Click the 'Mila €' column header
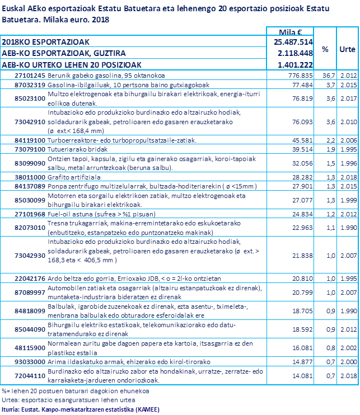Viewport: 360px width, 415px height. coord(291,31)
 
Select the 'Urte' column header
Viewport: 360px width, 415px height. coord(347,49)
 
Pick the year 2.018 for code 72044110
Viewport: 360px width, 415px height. coord(348,376)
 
